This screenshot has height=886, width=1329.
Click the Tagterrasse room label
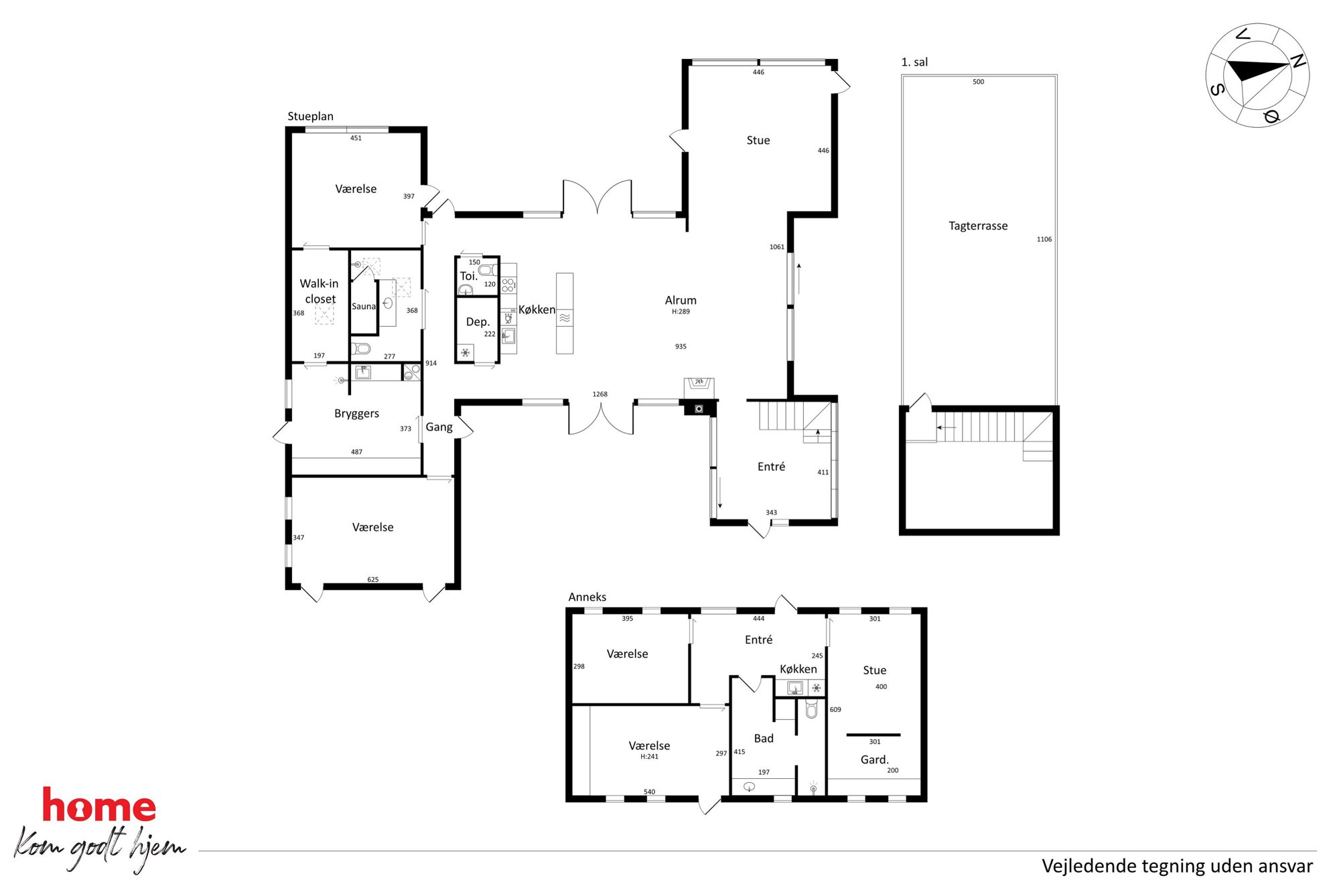coord(978,226)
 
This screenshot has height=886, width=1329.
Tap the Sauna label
coord(364,307)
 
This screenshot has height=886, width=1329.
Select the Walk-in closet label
coord(320,291)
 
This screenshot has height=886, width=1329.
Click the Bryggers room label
coord(356,414)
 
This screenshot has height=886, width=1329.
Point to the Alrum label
coord(681,300)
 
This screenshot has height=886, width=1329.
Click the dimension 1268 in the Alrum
coord(600,394)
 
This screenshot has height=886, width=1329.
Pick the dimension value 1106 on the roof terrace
coord(1044,239)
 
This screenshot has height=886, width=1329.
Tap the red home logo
coord(99,805)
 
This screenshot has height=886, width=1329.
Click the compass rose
coord(1257,75)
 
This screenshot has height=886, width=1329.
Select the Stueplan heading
coord(310,117)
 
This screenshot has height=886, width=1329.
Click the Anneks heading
coord(587,597)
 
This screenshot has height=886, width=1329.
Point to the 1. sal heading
coord(914,62)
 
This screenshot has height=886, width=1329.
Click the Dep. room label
coord(478,322)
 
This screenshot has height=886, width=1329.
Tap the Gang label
coord(439,427)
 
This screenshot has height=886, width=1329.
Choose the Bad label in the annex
coord(764,739)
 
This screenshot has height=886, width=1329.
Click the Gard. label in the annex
coord(875,759)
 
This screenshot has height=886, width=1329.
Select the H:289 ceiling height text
coord(681,311)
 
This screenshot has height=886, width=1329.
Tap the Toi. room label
coord(469,276)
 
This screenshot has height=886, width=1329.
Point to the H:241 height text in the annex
coord(649,757)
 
